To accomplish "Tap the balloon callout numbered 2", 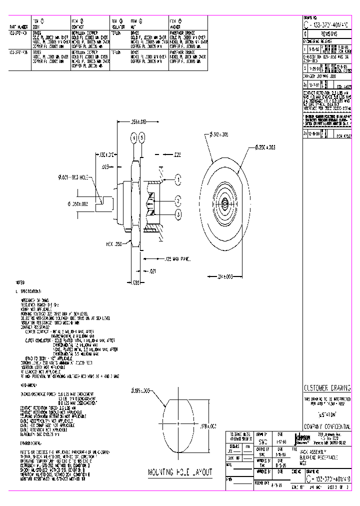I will tap(178, 201).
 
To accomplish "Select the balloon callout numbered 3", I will tap(178, 214).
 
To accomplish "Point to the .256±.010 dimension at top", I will tap(138, 121).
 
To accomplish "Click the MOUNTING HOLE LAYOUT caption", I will tap(180, 472).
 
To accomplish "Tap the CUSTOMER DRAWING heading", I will tap(327, 388).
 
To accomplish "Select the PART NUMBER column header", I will tap(18, 25).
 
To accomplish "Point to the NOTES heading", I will tap(20, 282).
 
